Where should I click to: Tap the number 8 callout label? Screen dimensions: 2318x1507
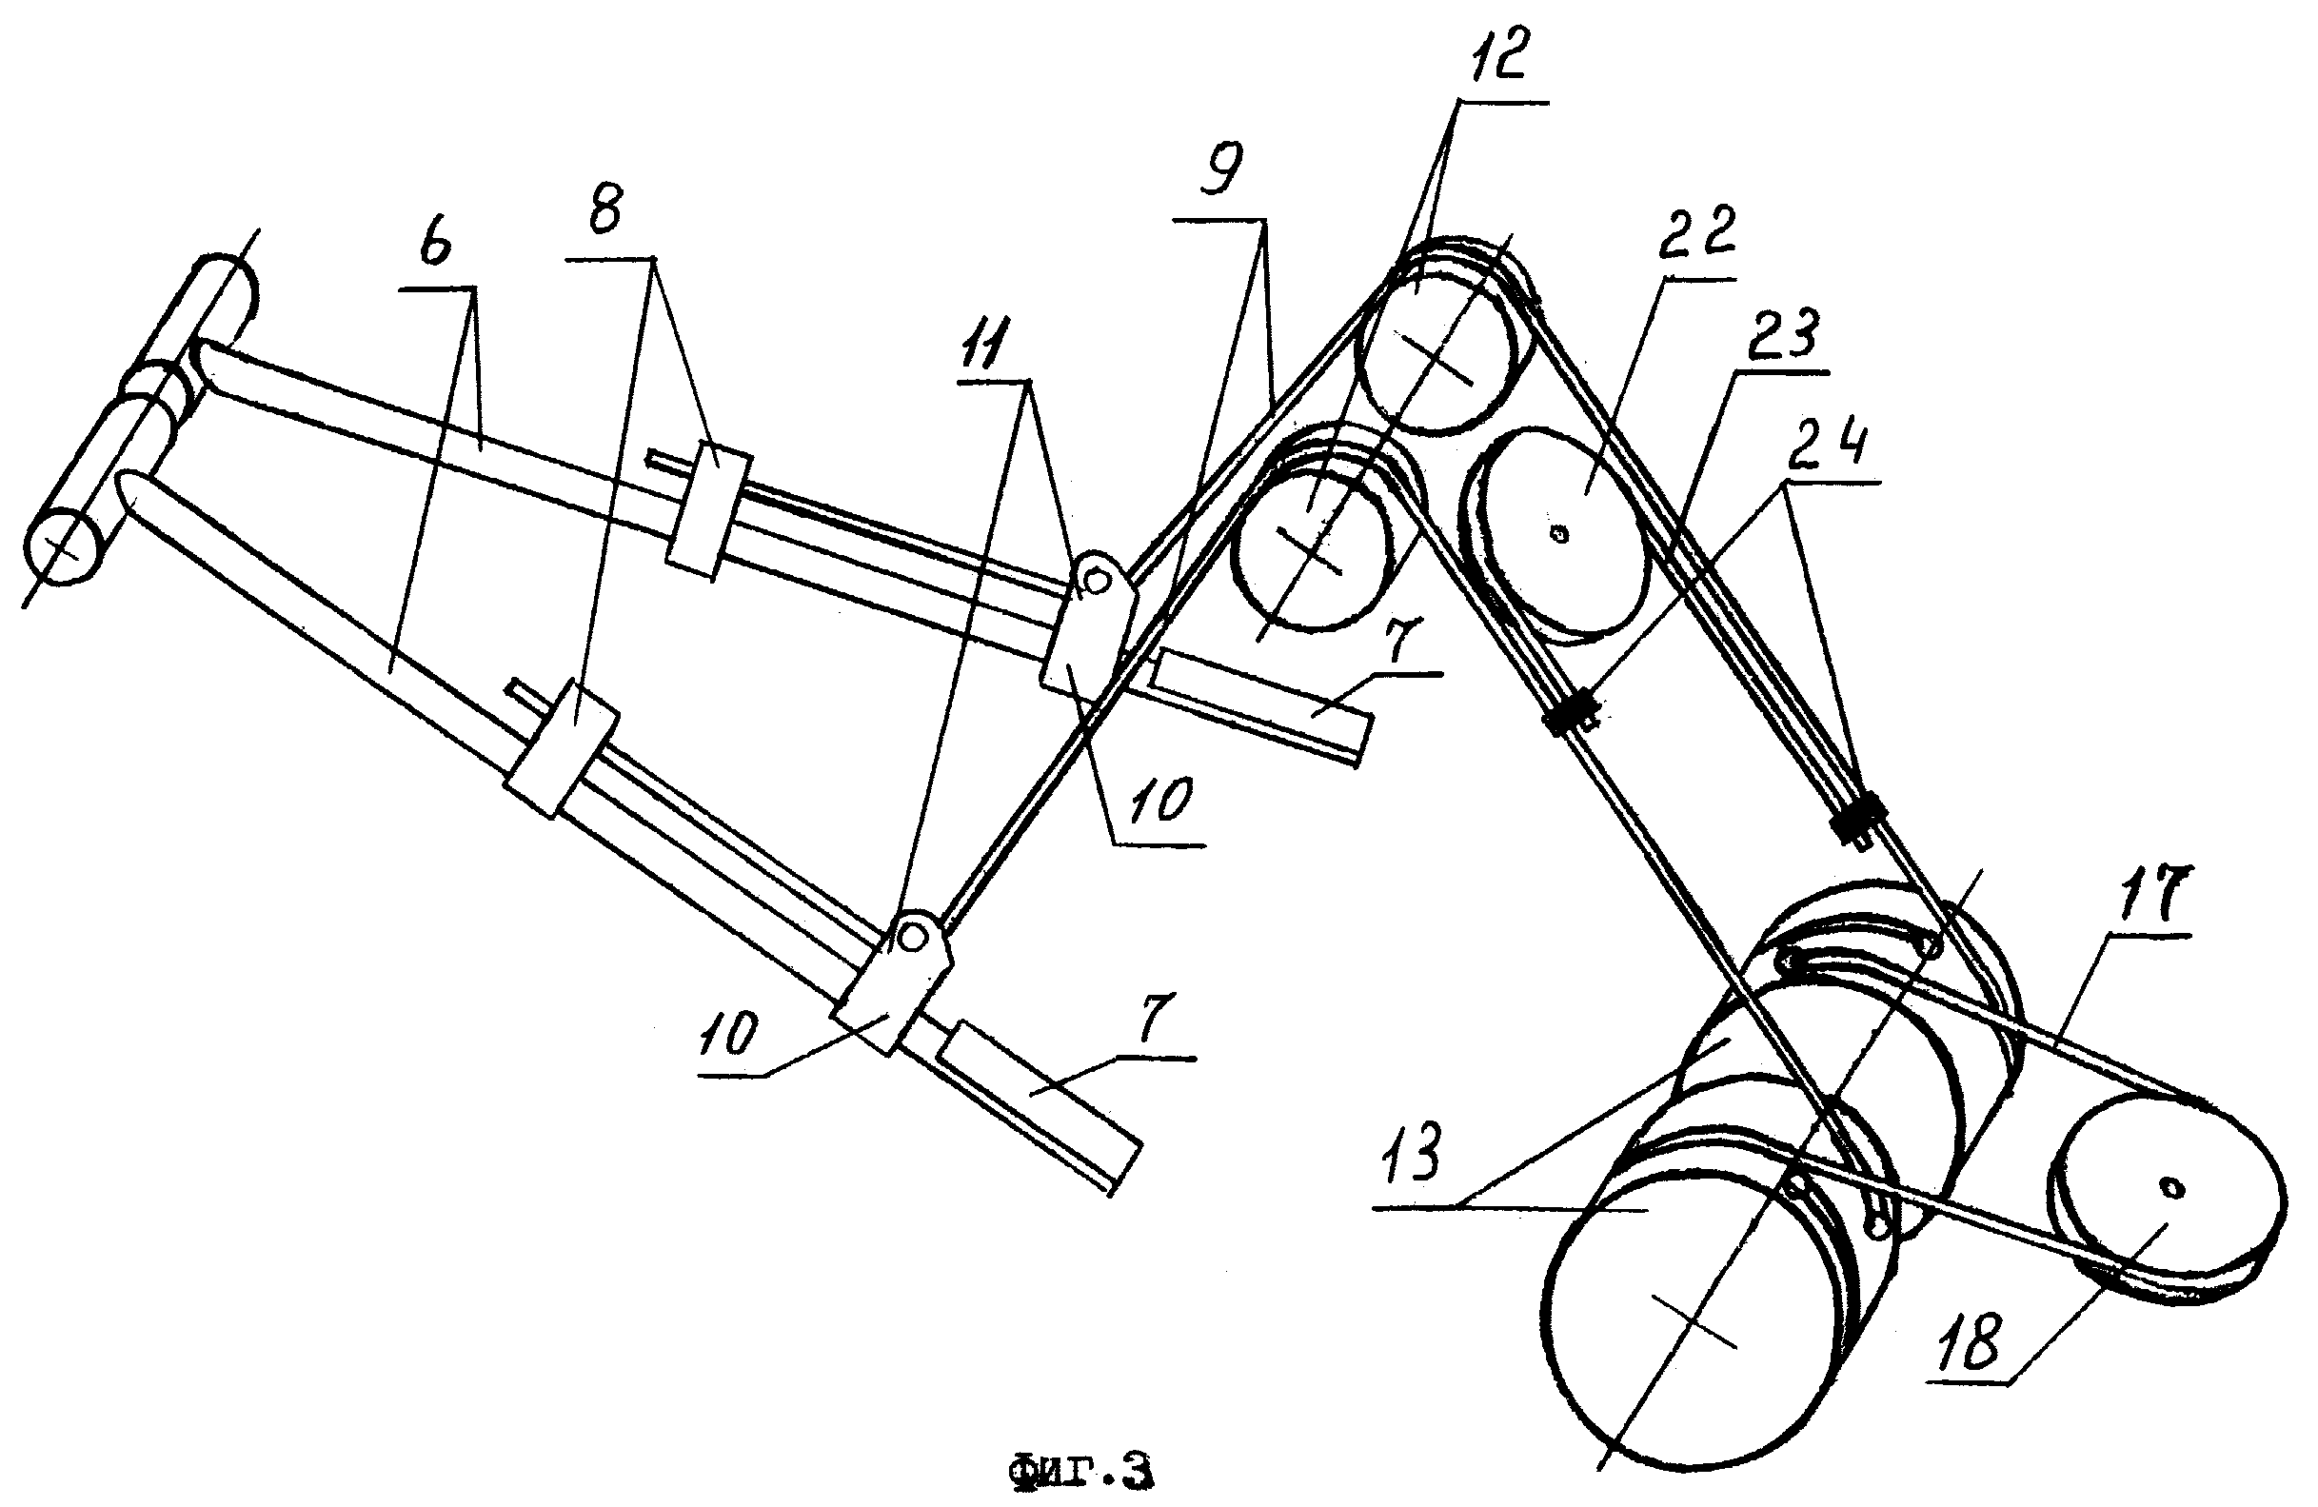tap(605, 208)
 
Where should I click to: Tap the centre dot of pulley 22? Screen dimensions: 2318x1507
tap(1560, 533)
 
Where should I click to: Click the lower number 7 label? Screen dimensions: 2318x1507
tap(1155, 1018)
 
